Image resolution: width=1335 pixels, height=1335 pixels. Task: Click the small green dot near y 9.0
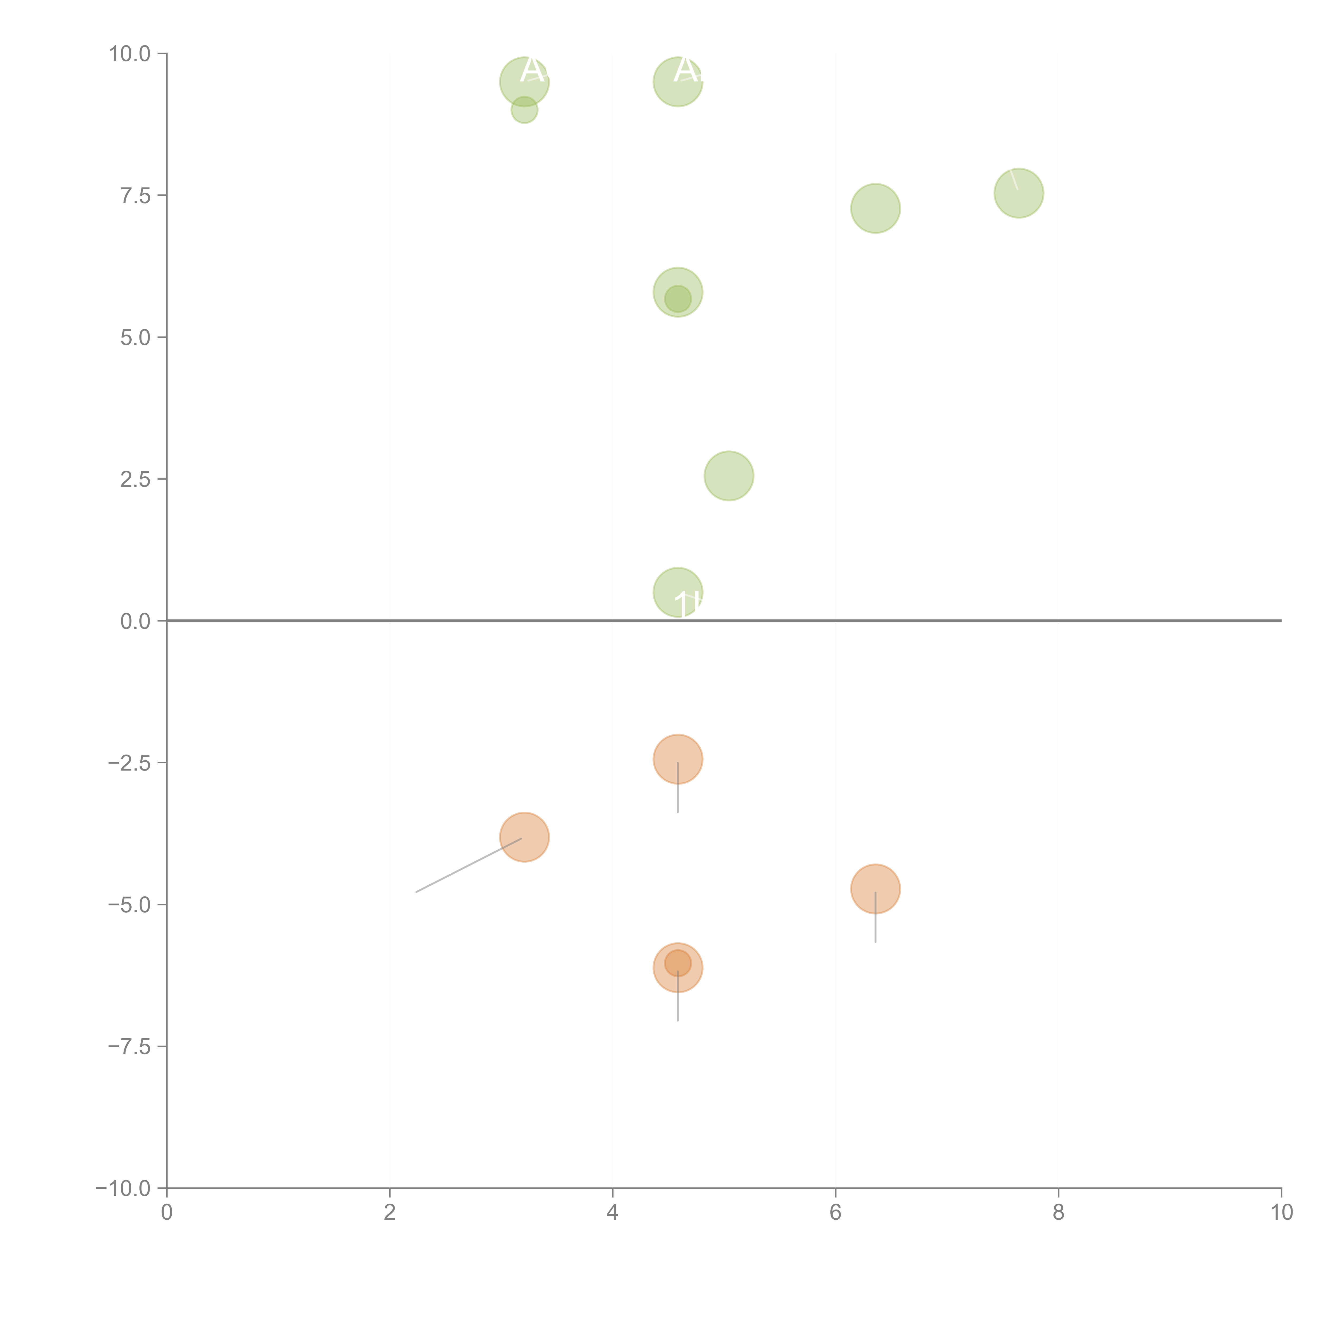(524, 110)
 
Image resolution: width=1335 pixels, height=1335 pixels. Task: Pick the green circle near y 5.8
(678, 292)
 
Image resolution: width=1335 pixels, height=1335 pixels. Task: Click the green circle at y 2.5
(729, 476)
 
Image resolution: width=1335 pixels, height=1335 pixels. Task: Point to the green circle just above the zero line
(678, 592)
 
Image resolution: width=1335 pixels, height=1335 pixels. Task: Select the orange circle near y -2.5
(678, 759)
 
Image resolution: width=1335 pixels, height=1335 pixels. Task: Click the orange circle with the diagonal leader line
(524, 838)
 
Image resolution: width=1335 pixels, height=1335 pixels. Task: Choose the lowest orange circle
(678, 967)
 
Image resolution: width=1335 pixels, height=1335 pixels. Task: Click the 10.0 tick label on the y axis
(130, 54)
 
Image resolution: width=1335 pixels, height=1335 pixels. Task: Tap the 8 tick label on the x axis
(1059, 1214)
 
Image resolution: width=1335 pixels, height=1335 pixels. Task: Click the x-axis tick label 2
(390, 1214)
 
